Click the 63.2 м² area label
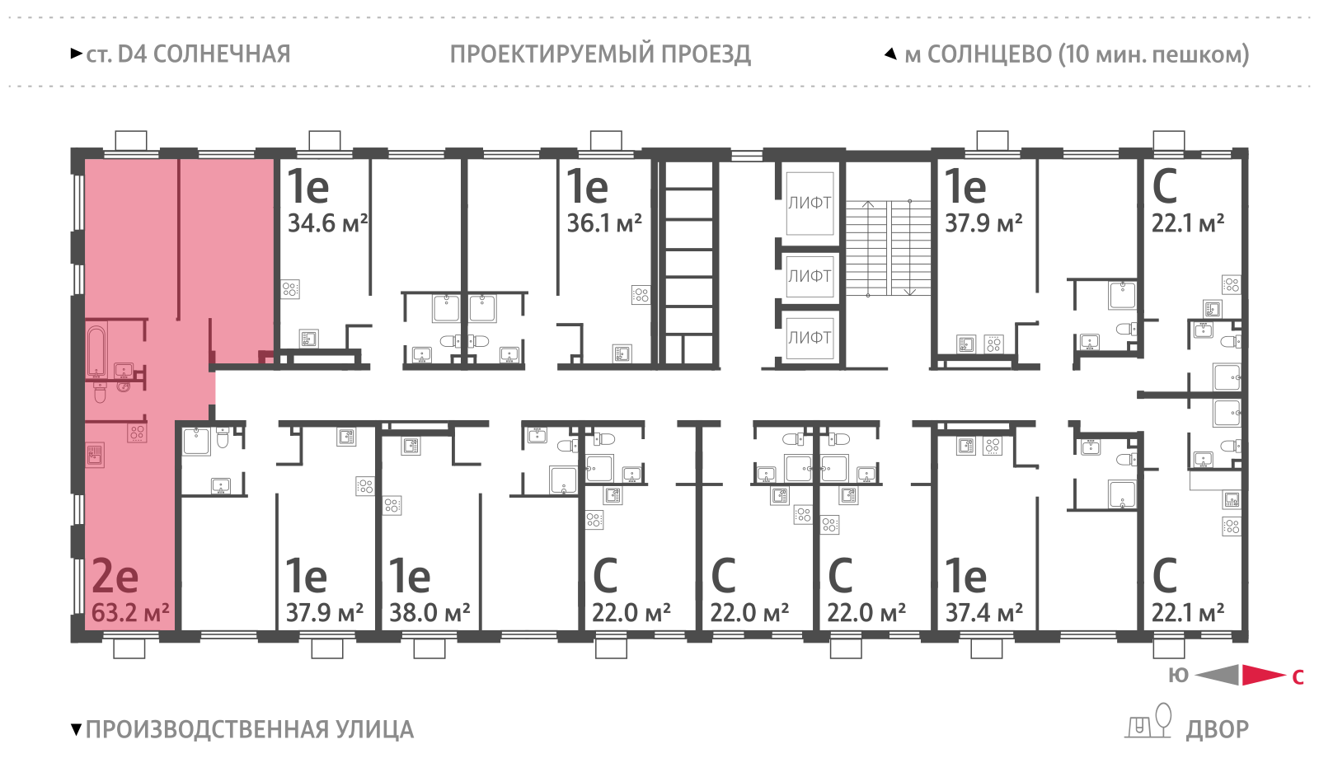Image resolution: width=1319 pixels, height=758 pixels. tap(130, 613)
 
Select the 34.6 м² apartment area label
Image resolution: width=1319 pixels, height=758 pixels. tap(327, 223)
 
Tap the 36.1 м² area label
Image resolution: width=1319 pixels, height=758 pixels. tap(604, 223)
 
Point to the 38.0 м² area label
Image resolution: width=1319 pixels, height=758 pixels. tap(429, 613)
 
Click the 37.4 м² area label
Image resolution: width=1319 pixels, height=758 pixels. tap(984, 613)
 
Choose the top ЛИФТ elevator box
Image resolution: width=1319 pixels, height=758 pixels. tap(810, 204)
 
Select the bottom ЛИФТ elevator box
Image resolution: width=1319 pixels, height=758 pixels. tap(810, 338)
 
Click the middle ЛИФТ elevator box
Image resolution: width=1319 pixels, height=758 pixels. tap(810, 277)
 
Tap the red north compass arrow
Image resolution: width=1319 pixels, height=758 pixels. tap(1263, 676)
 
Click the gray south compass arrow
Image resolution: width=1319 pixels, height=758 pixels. tap(1218, 676)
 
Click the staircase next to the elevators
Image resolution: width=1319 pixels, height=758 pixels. tap(888, 247)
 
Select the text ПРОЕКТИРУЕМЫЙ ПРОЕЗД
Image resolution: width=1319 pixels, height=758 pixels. tap(600, 54)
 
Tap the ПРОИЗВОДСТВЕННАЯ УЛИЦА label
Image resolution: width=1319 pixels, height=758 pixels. tap(249, 730)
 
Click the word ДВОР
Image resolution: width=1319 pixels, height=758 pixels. tap(1217, 730)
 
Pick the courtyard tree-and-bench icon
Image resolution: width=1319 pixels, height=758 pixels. tap(1150, 722)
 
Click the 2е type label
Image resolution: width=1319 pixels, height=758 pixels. tap(115, 576)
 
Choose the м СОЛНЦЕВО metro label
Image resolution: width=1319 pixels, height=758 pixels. tap(1076, 54)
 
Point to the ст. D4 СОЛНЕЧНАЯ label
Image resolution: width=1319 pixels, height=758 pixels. tap(188, 54)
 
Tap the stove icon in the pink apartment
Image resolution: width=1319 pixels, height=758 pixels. tap(137, 433)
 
